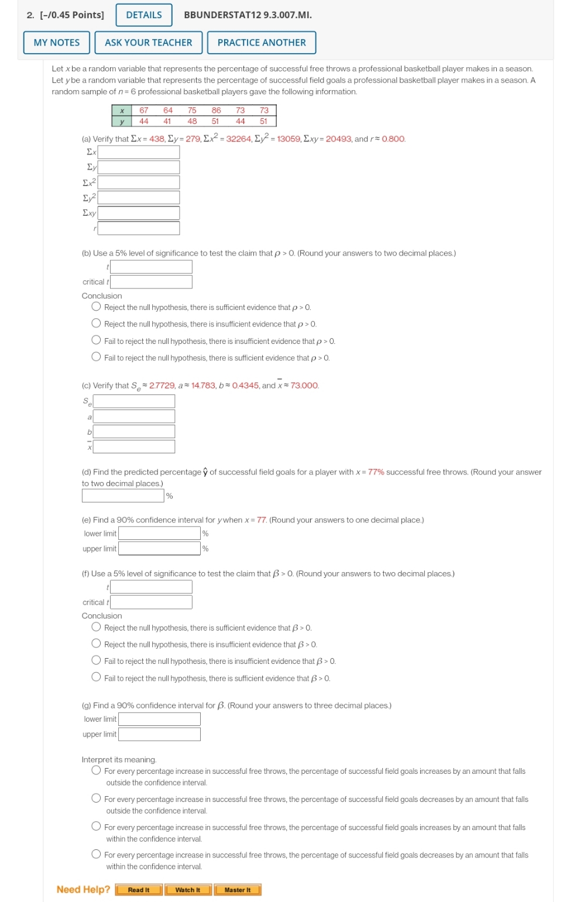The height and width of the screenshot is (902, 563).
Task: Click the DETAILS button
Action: tap(144, 15)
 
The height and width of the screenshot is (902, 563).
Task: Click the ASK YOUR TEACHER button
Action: tap(148, 43)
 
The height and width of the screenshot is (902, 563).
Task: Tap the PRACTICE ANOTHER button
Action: tap(261, 43)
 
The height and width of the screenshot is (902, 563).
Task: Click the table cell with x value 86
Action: tap(216, 111)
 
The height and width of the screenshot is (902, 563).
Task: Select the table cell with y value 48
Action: tap(192, 122)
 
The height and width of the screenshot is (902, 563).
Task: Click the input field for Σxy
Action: tap(139, 213)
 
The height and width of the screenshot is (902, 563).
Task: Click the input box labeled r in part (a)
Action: tap(139, 228)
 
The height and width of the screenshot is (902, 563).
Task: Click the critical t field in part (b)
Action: tap(151, 282)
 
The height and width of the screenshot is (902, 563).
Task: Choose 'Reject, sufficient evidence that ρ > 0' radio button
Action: tap(97, 307)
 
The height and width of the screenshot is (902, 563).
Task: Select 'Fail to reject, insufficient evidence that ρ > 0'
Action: tap(97, 340)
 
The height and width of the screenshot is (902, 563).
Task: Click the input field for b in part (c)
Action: tap(134, 432)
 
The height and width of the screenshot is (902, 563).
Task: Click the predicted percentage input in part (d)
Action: tap(123, 495)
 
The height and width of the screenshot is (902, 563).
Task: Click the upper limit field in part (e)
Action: tap(159, 549)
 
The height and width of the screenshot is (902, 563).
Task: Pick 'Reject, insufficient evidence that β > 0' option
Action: tap(97, 643)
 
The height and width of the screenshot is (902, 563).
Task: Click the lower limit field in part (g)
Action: tap(159, 719)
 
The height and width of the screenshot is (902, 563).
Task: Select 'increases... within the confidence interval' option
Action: tap(97, 827)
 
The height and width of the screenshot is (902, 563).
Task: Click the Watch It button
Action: tap(188, 890)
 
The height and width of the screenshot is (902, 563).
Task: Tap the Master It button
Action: tap(237, 890)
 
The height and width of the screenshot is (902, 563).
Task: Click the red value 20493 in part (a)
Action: tap(339, 139)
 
